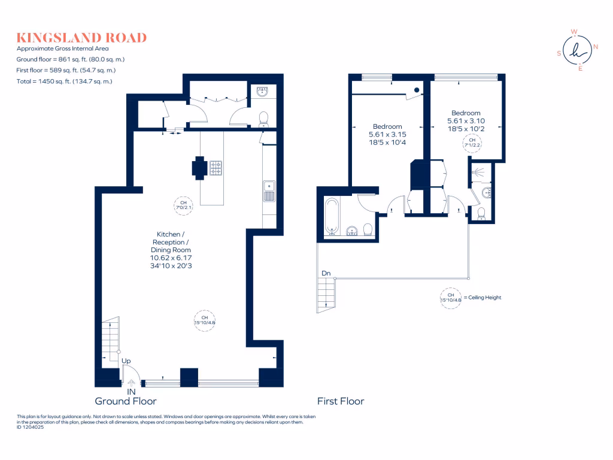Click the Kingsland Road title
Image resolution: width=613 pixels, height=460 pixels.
pyautogui.click(x=81, y=38)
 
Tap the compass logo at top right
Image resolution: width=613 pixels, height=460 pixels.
pyautogui.click(x=578, y=50)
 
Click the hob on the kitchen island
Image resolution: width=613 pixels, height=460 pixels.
pyautogui.click(x=216, y=168)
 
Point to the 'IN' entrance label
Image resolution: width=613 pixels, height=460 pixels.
pyautogui.click(x=132, y=392)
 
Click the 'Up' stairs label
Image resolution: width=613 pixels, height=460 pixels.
pyautogui.click(x=126, y=361)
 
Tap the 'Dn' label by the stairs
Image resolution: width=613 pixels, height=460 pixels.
pyautogui.click(x=326, y=273)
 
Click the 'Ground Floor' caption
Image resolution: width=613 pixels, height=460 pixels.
pyautogui.click(x=126, y=401)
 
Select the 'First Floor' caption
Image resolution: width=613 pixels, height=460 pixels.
pyautogui.click(x=341, y=401)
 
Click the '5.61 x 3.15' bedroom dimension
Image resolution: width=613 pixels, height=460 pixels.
pyautogui.click(x=387, y=135)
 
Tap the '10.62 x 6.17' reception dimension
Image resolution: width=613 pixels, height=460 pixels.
pyautogui.click(x=170, y=257)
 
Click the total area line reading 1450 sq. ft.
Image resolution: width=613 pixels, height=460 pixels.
pyautogui.click(x=65, y=81)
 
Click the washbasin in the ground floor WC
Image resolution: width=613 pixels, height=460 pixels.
pyautogui.click(x=262, y=92)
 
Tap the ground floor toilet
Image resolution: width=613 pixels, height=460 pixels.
pyautogui.click(x=263, y=119)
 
